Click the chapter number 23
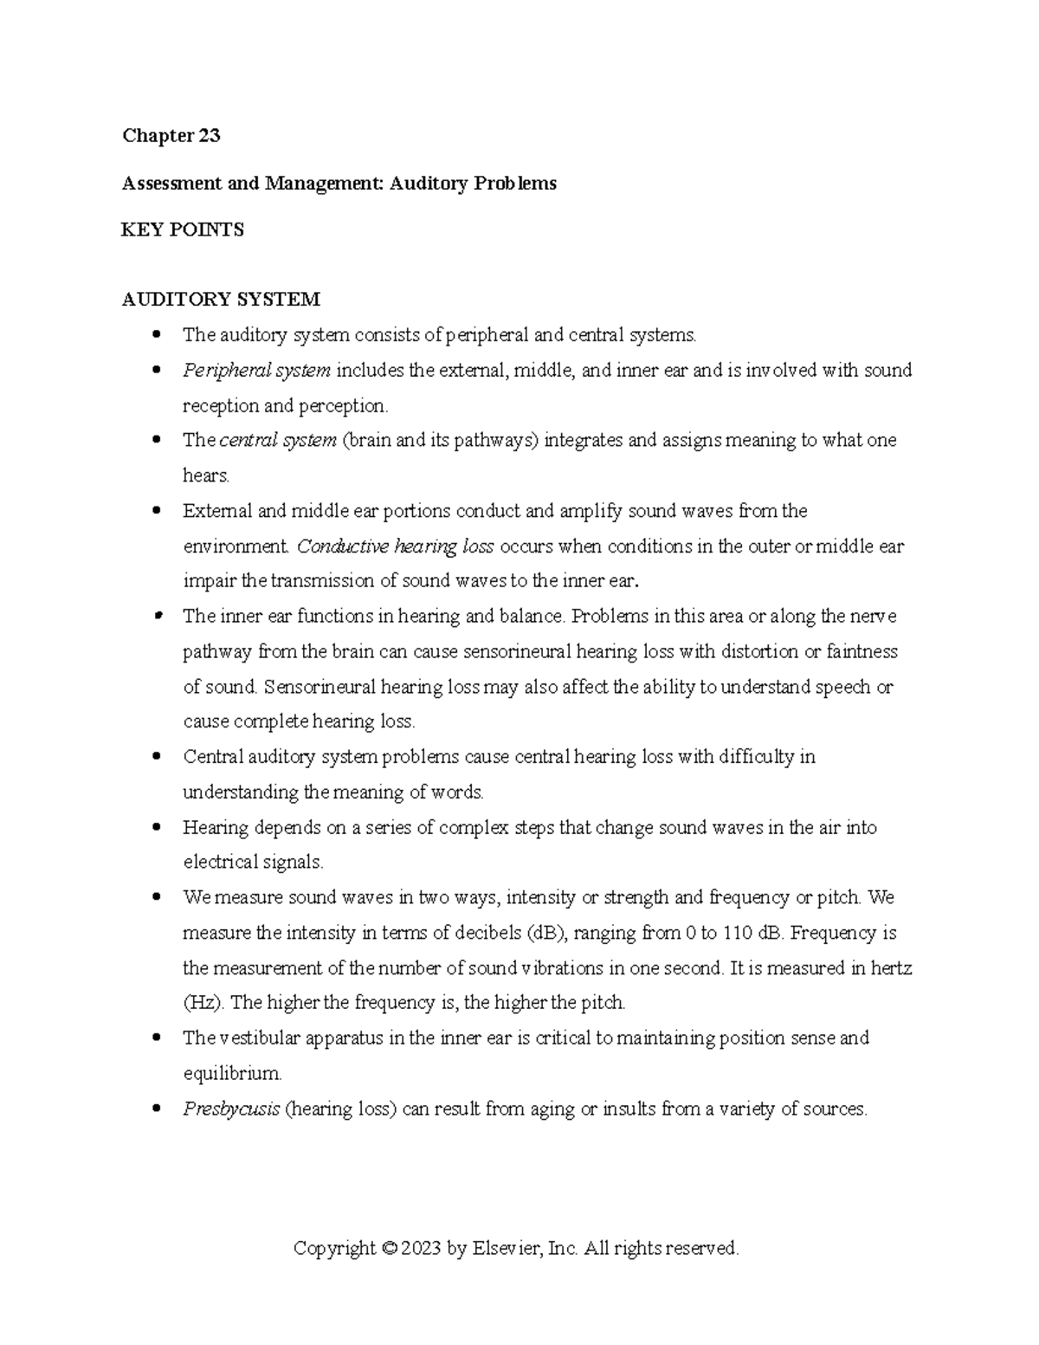pos(209,136)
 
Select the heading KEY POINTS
pos(183,230)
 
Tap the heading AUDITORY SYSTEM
pos(221,301)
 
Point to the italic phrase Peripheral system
pos(256,371)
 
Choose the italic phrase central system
pos(278,441)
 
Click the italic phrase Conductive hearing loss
pos(395,546)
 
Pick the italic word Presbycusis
pos(231,1109)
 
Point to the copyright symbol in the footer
pos(389,1249)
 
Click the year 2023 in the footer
pos(421,1249)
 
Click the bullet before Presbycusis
pos(157,1109)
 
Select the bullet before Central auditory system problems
pos(157,756)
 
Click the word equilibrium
pos(232,1074)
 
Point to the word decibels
pos(487,934)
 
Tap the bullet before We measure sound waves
pos(157,897)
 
